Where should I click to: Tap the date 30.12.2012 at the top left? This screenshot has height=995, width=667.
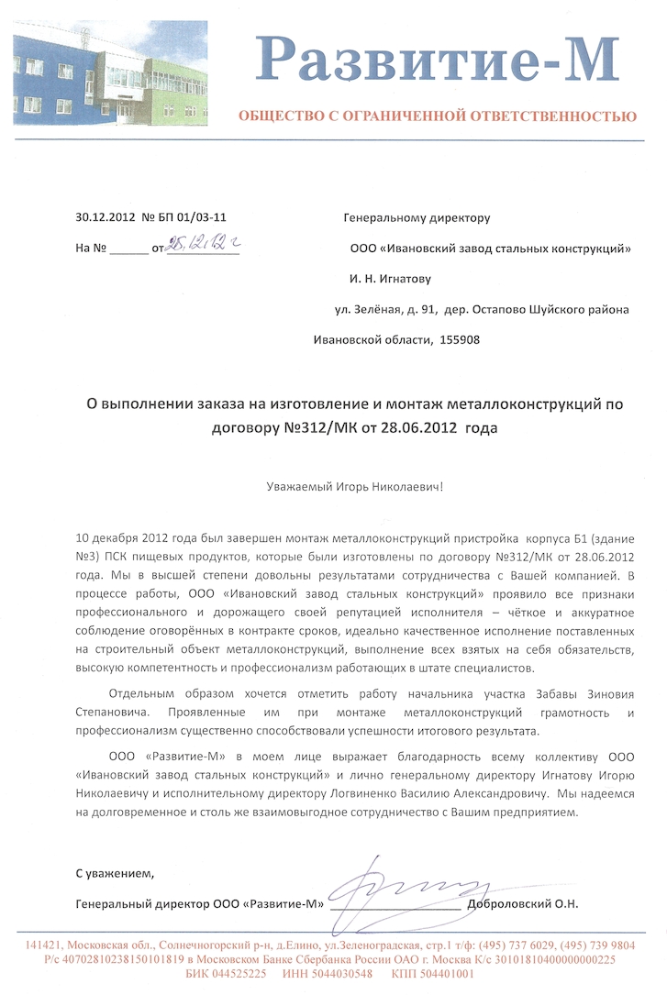click(x=105, y=217)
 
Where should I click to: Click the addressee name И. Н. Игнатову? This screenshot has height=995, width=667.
click(x=390, y=278)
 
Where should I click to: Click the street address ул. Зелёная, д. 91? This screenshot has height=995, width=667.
click(x=385, y=309)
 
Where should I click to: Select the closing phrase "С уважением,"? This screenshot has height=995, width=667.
click(x=116, y=872)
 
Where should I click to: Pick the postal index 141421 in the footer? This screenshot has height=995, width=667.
click(x=43, y=945)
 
